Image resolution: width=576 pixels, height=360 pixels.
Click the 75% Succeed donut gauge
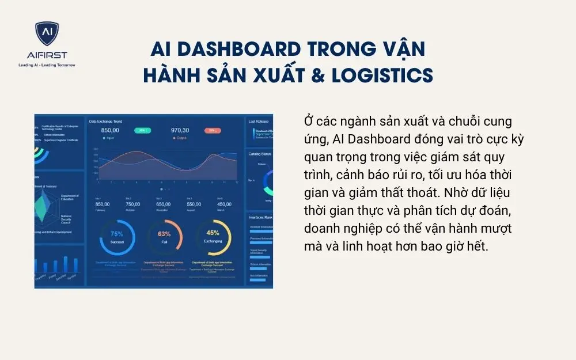click(x=117, y=237)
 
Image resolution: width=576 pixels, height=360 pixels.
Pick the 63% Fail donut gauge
click(x=164, y=237)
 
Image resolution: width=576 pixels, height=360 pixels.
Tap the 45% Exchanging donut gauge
click(x=213, y=237)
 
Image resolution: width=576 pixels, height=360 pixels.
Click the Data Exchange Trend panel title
click(x=105, y=122)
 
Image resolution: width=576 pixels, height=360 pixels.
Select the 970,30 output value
click(x=180, y=130)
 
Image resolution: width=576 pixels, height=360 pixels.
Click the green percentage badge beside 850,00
click(x=142, y=130)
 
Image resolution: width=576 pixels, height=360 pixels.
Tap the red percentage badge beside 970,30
click(x=212, y=130)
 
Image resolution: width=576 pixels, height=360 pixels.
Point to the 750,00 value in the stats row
click(x=133, y=204)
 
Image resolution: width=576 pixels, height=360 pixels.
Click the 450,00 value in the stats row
click(x=225, y=204)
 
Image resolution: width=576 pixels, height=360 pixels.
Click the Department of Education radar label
click(x=69, y=198)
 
